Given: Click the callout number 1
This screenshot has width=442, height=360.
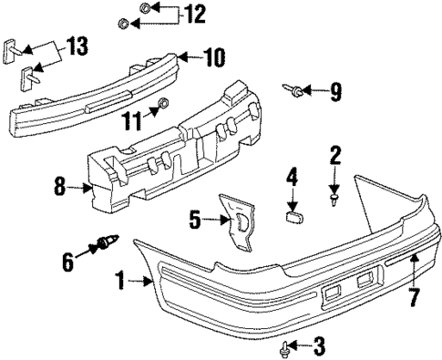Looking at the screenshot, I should click(120, 282).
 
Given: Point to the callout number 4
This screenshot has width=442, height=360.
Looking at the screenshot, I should click(293, 175).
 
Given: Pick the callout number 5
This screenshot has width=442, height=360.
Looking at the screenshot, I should click(193, 220).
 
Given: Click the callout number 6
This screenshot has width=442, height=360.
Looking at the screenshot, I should click(67, 261).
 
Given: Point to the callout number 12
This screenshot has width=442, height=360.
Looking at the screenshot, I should click(194, 14).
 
